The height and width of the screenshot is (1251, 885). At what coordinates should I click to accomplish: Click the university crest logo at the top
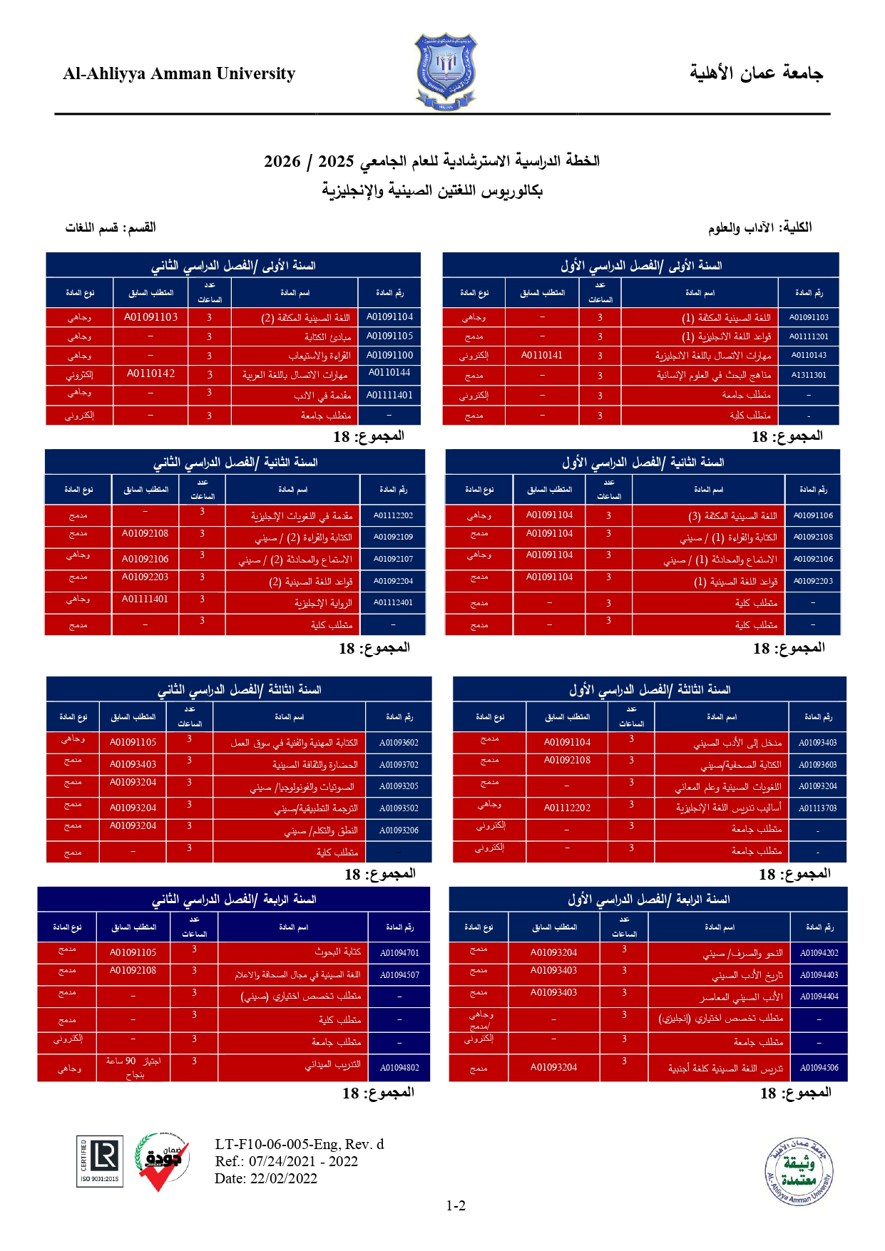(445, 71)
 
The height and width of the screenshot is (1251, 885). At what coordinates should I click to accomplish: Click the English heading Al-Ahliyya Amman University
(179, 74)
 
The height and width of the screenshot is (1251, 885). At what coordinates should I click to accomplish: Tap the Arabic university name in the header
(756, 73)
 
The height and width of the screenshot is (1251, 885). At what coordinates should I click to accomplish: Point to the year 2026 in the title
(282, 162)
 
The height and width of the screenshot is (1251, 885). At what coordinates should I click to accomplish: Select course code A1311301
(809, 375)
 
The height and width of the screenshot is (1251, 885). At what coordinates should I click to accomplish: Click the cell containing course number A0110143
(809, 355)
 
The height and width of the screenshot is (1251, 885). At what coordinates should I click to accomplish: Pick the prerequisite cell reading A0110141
(542, 355)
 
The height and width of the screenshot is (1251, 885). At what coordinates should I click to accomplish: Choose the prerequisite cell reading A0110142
(150, 374)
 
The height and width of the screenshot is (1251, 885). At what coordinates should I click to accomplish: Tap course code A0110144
(389, 372)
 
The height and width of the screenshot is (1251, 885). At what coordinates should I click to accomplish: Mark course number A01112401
(393, 602)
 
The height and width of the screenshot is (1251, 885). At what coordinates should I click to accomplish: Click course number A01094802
(399, 1068)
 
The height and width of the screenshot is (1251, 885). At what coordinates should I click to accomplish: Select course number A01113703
(817, 808)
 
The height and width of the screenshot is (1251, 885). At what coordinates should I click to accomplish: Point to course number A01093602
(399, 743)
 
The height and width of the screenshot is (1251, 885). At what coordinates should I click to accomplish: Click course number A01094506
(819, 1068)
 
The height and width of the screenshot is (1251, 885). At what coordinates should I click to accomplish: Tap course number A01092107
(393, 559)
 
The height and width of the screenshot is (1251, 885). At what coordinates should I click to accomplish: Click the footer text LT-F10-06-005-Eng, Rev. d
(300, 1144)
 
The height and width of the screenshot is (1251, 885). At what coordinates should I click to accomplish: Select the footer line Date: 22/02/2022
(266, 1178)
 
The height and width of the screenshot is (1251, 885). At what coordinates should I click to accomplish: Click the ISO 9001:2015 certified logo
(99, 1160)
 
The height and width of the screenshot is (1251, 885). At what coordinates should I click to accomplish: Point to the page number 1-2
(456, 1205)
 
